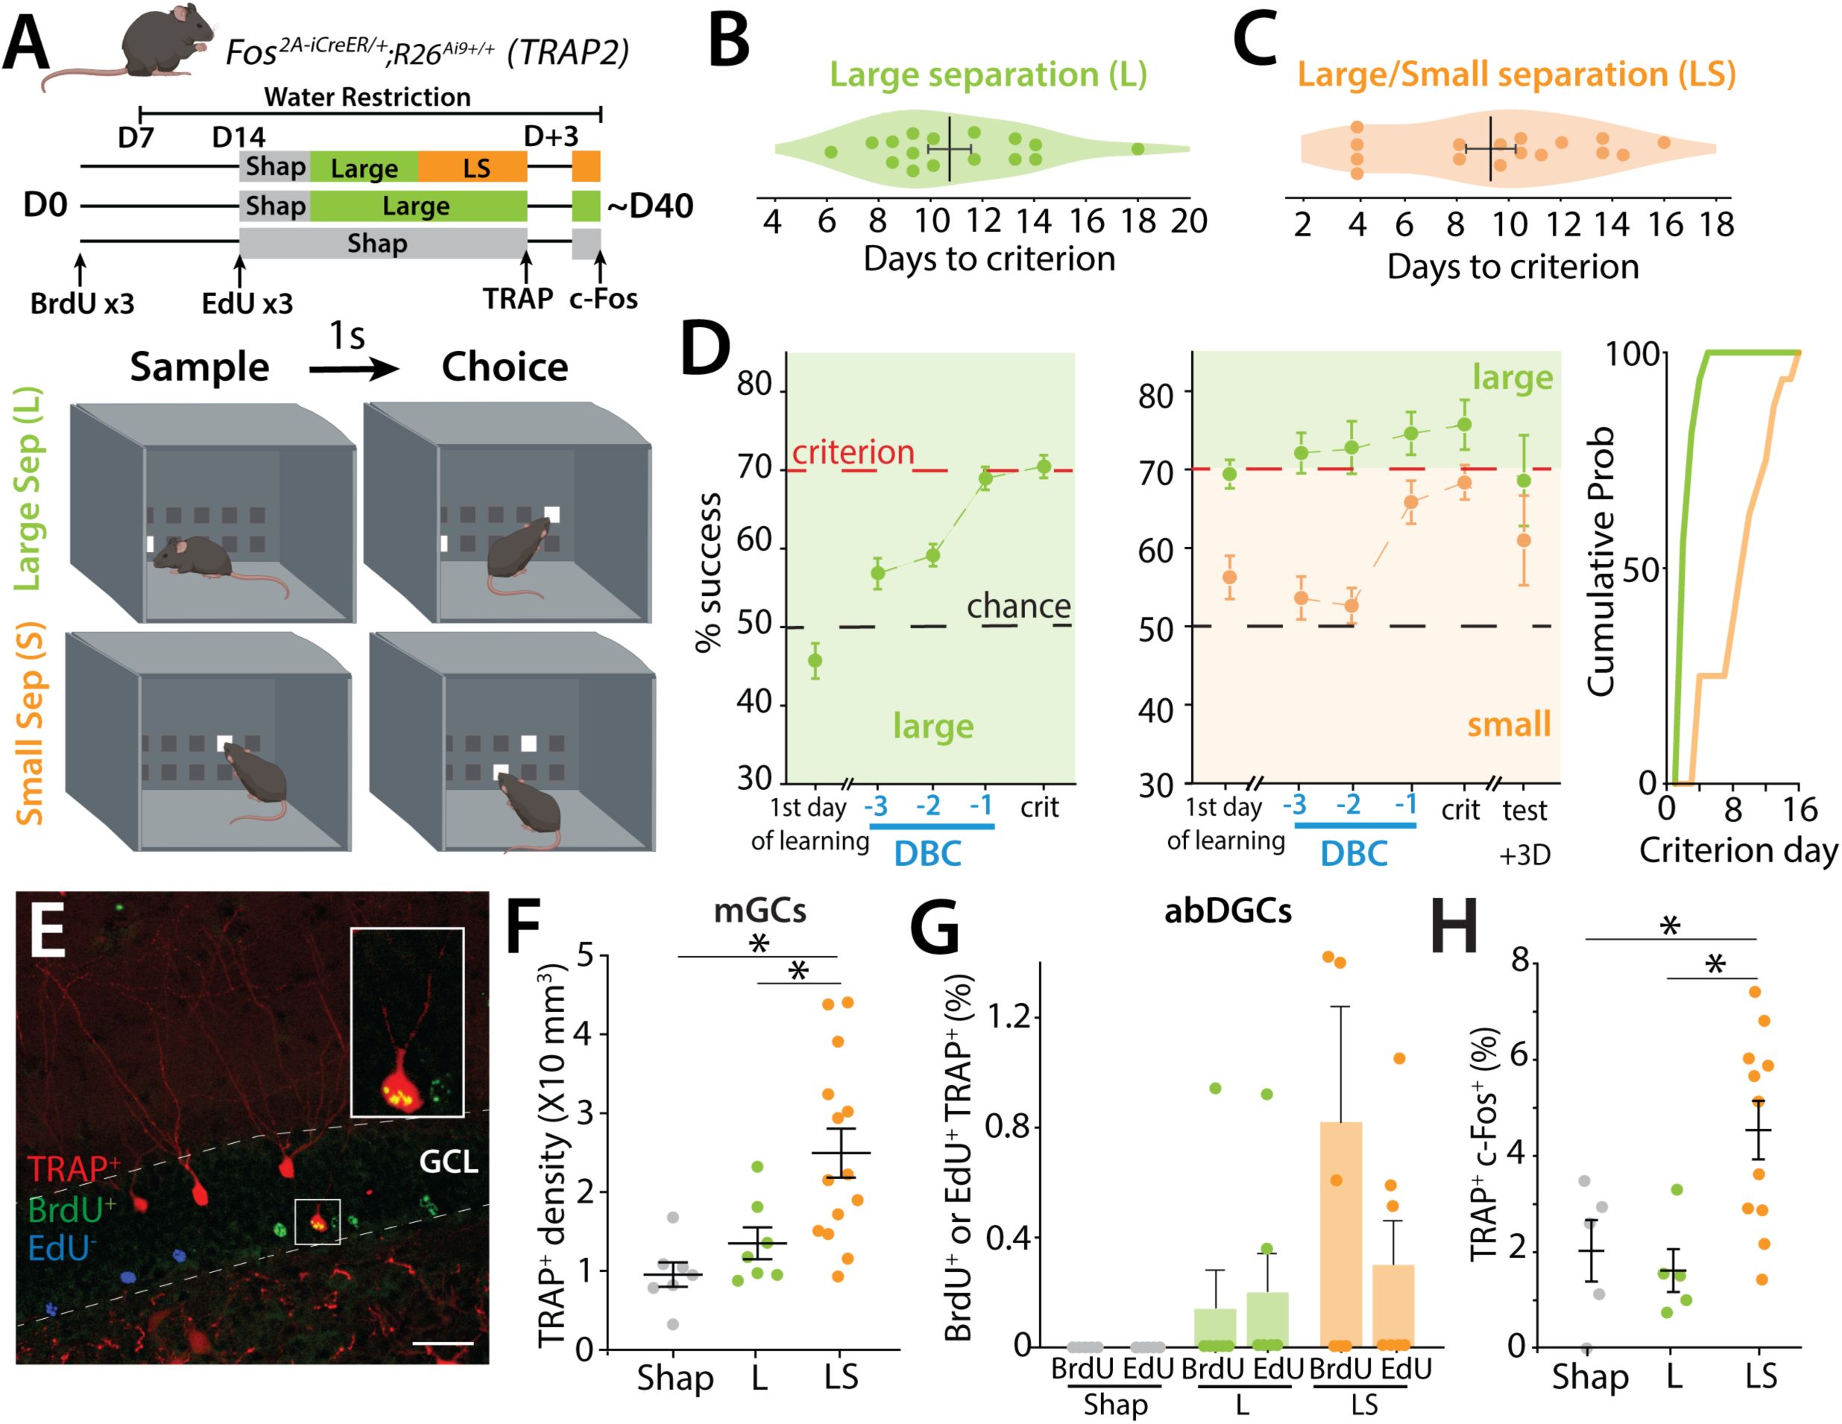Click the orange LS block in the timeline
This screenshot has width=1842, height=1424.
coord(473,168)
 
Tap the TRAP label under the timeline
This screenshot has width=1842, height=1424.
coord(517,299)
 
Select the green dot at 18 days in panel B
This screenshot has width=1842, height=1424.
coord(1138,149)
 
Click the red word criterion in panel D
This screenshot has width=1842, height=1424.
coord(853,453)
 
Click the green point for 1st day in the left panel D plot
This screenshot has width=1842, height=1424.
coord(815,660)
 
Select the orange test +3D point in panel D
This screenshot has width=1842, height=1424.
coord(1523,540)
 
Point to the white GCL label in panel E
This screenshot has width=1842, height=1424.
coord(448,1162)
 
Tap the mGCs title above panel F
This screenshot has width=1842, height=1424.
coord(759,911)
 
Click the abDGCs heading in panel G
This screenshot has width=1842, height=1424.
coord(1227,911)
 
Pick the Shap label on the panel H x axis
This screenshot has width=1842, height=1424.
coord(1590,1378)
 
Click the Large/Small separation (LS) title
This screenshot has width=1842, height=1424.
coord(1515,75)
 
